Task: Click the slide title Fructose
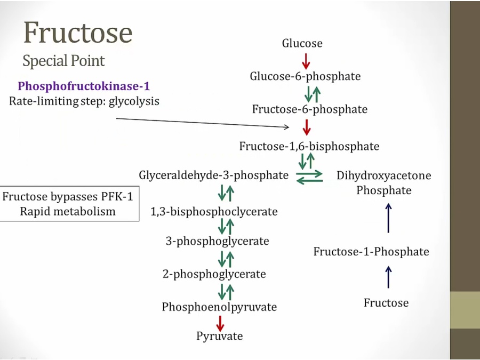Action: pyautogui.click(x=77, y=33)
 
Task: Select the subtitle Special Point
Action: pyautogui.click(x=63, y=61)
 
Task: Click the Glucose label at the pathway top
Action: pyautogui.click(x=302, y=44)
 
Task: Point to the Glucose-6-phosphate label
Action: pyautogui.click(x=305, y=76)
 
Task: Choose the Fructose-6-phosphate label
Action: pyautogui.click(x=310, y=109)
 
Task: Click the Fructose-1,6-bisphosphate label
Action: pyautogui.click(x=309, y=146)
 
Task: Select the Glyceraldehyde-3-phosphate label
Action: pyautogui.click(x=214, y=175)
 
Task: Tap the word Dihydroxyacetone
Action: pyautogui.click(x=384, y=175)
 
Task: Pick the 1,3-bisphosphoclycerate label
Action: pyautogui.click(x=214, y=212)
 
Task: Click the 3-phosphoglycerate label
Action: pyautogui.click(x=217, y=241)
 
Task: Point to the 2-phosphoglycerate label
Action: pyautogui.click(x=214, y=274)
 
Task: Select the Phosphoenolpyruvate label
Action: pyautogui.click(x=220, y=307)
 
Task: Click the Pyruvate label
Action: pyautogui.click(x=219, y=337)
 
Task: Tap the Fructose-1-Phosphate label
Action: pyautogui.click(x=371, y=251)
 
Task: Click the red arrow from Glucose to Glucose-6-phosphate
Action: pyautogui.click(x=306, y=60)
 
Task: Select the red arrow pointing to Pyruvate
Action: pyautogui.click(x=220, y=322)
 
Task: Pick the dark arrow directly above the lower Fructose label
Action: pyautogui.click(x=388, y=277)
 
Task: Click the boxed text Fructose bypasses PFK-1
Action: pyautogui.click(x=68, y=196)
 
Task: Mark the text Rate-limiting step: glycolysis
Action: pyautogui.click(x=84, y=100)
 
